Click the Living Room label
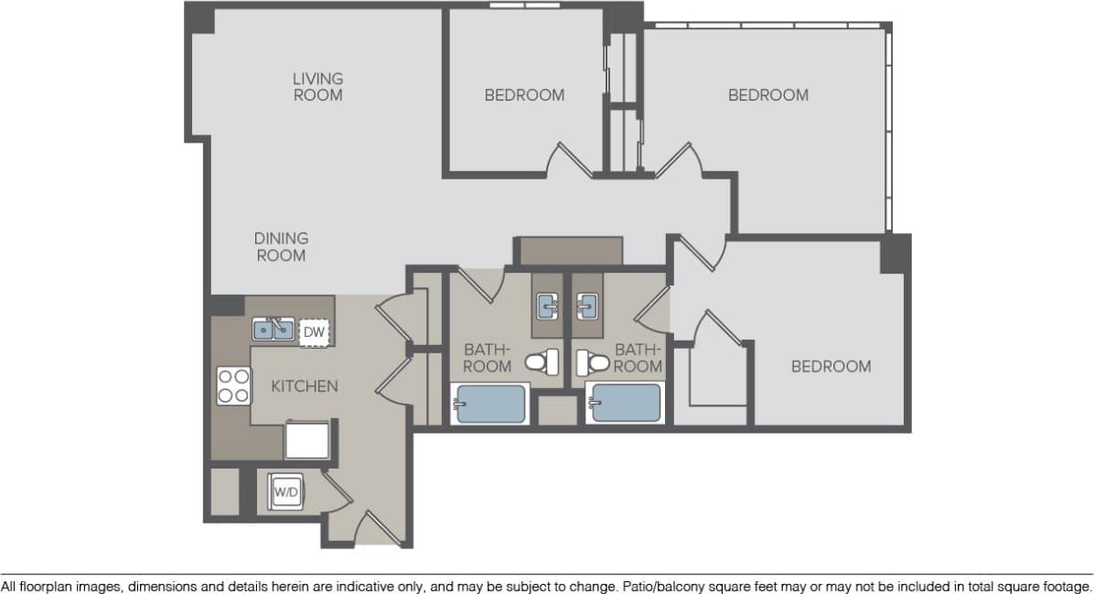[x=317, y=87]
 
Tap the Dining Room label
[x=281, y=247]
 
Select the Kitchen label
[x=305, y=386]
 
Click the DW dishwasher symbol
[x=314, y=332]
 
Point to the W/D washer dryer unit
[x=286, y=492]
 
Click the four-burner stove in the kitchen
[x=233, y=385]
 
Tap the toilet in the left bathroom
[x=546, y=363]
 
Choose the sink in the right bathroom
[x=586, y=305]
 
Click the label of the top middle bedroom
[x=524, y=94]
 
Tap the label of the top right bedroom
[x=767, y=94]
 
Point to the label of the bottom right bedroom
[x=831, y=366]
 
